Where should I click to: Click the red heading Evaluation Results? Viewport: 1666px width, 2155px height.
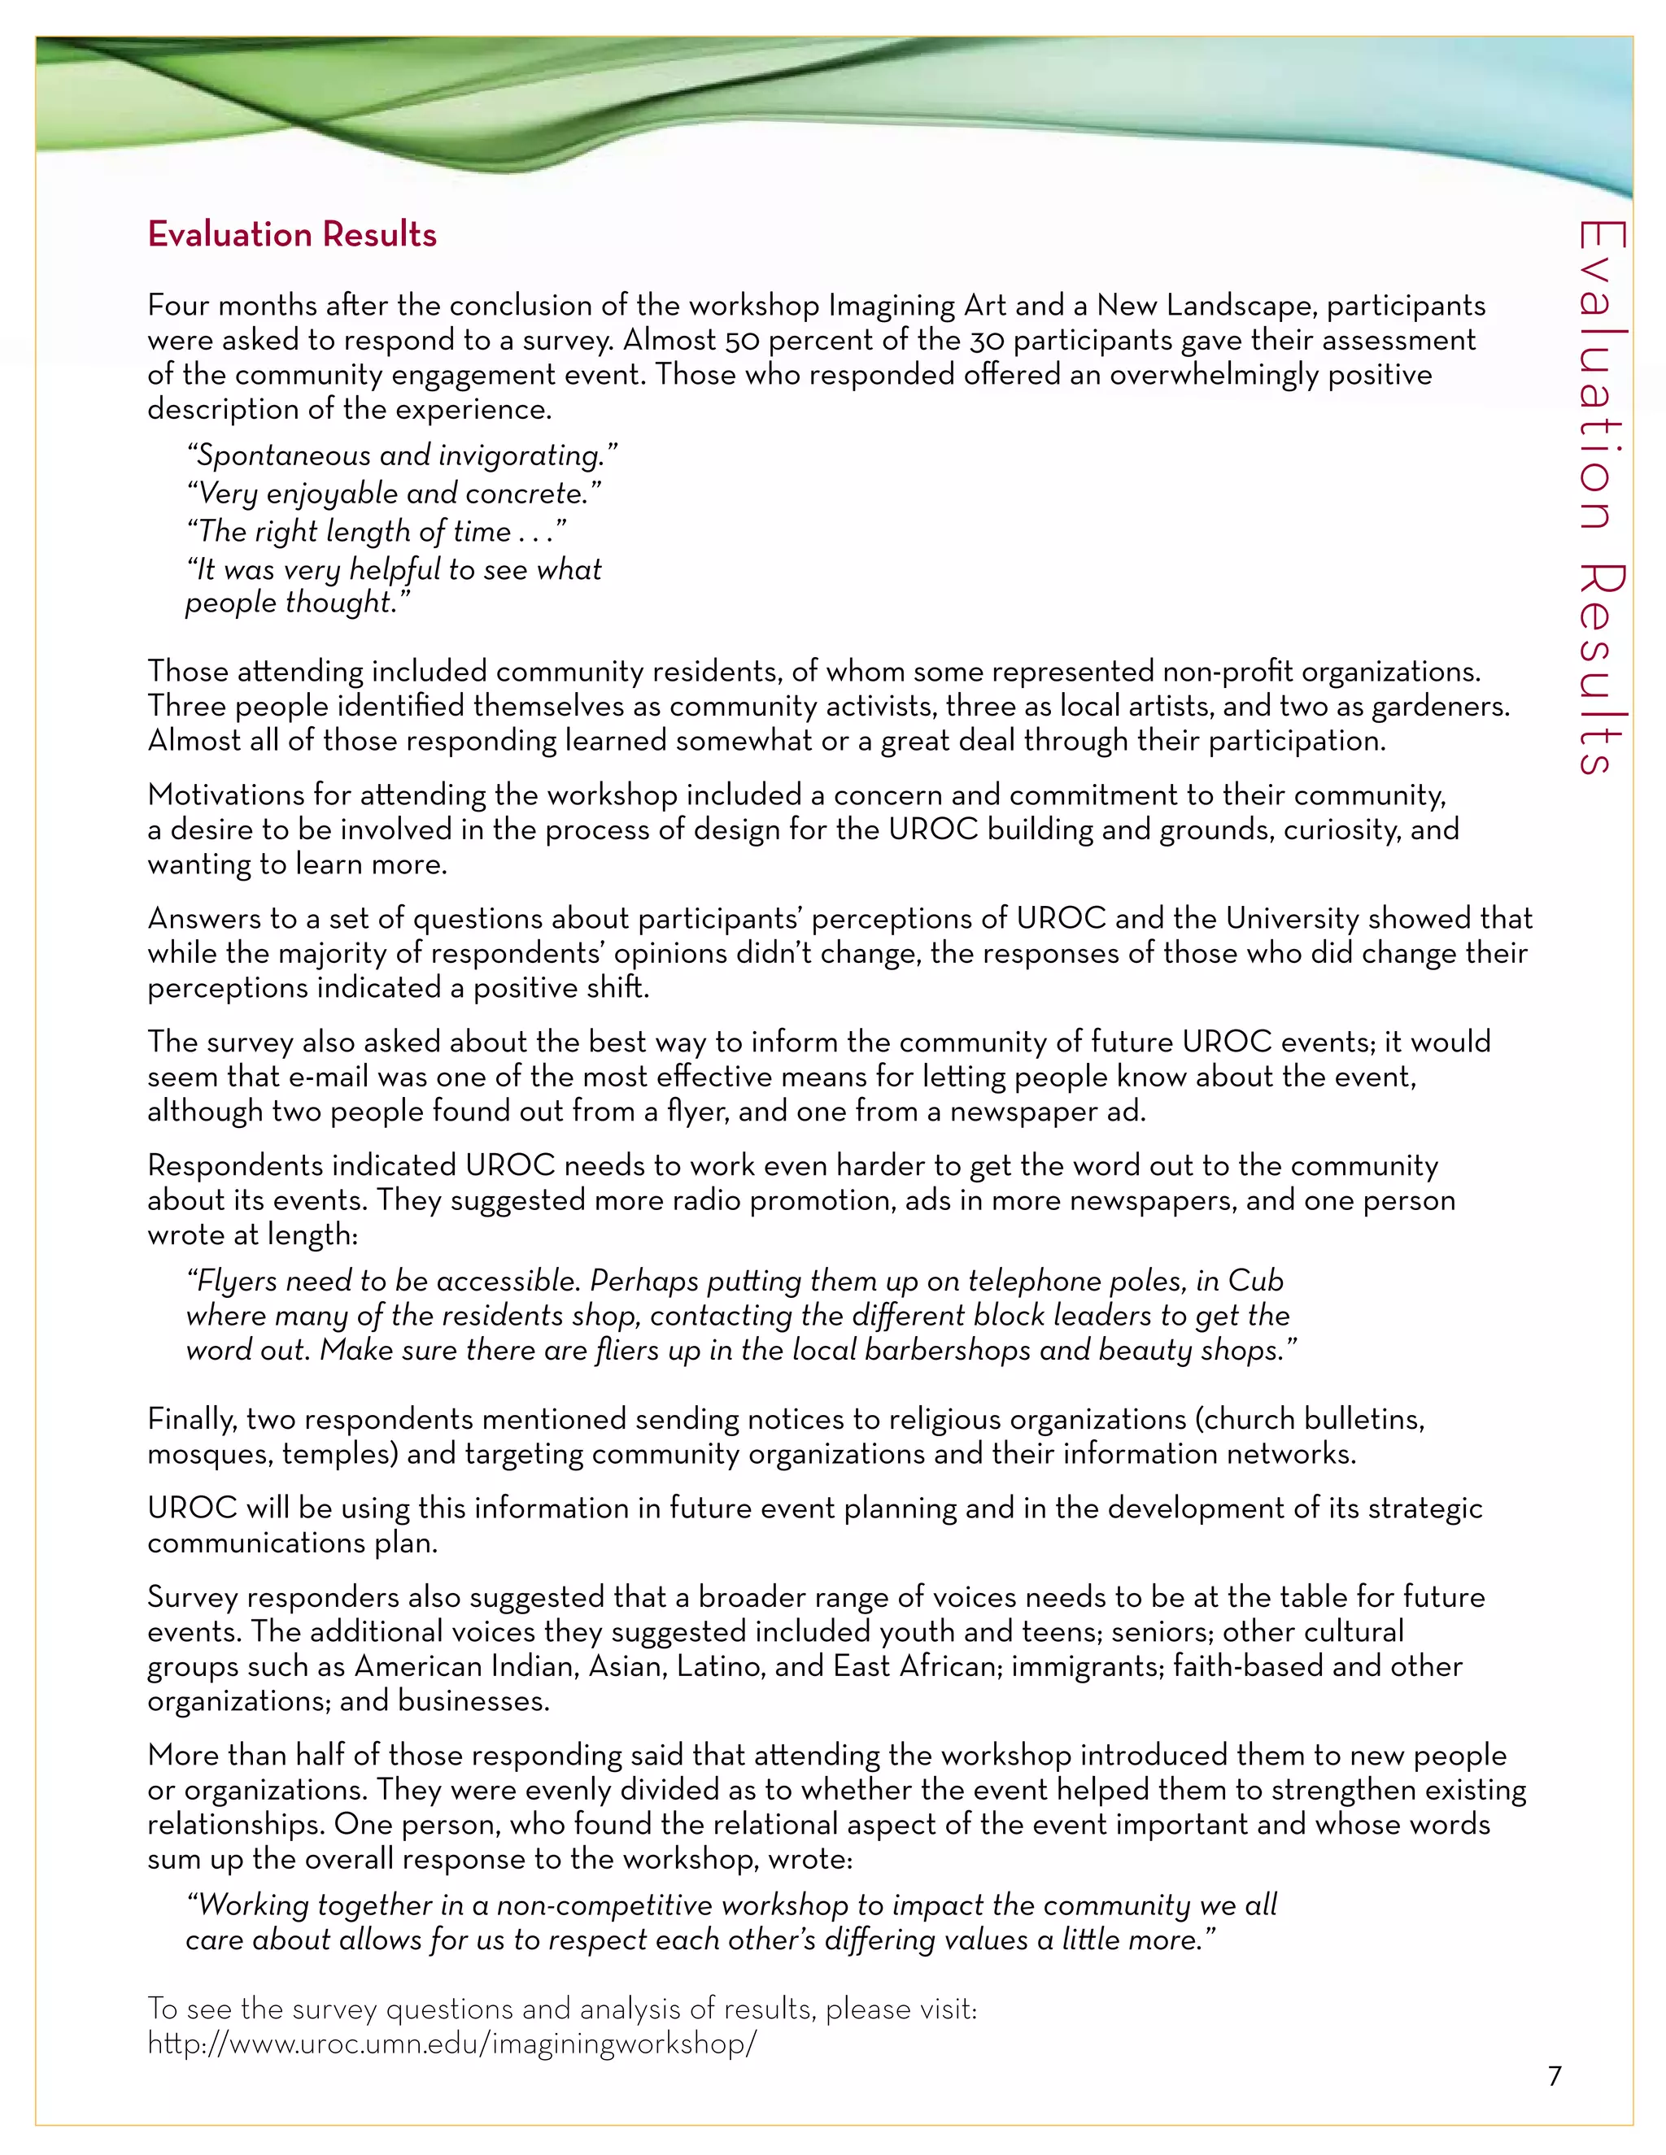tap(291, 235)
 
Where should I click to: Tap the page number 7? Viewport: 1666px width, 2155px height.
tap(1555, 2076)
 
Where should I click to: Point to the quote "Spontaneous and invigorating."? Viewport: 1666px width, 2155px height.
tap(402, 456)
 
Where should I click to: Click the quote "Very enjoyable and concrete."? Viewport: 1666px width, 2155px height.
tap(394, 494)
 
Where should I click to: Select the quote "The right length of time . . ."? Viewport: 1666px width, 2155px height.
tap(376, 532)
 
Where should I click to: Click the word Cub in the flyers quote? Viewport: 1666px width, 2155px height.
tap(1255, 1281)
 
